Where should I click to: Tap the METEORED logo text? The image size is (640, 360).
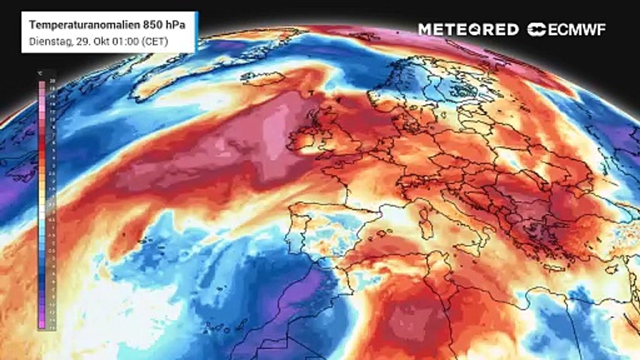468,29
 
